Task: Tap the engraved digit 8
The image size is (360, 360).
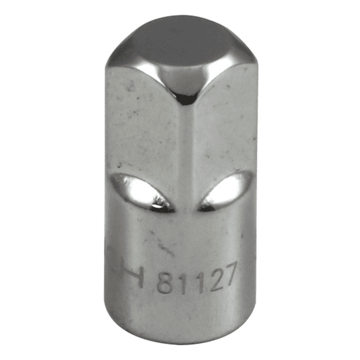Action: point(165,283)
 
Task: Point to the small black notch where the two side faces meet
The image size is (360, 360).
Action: point(187,99)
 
